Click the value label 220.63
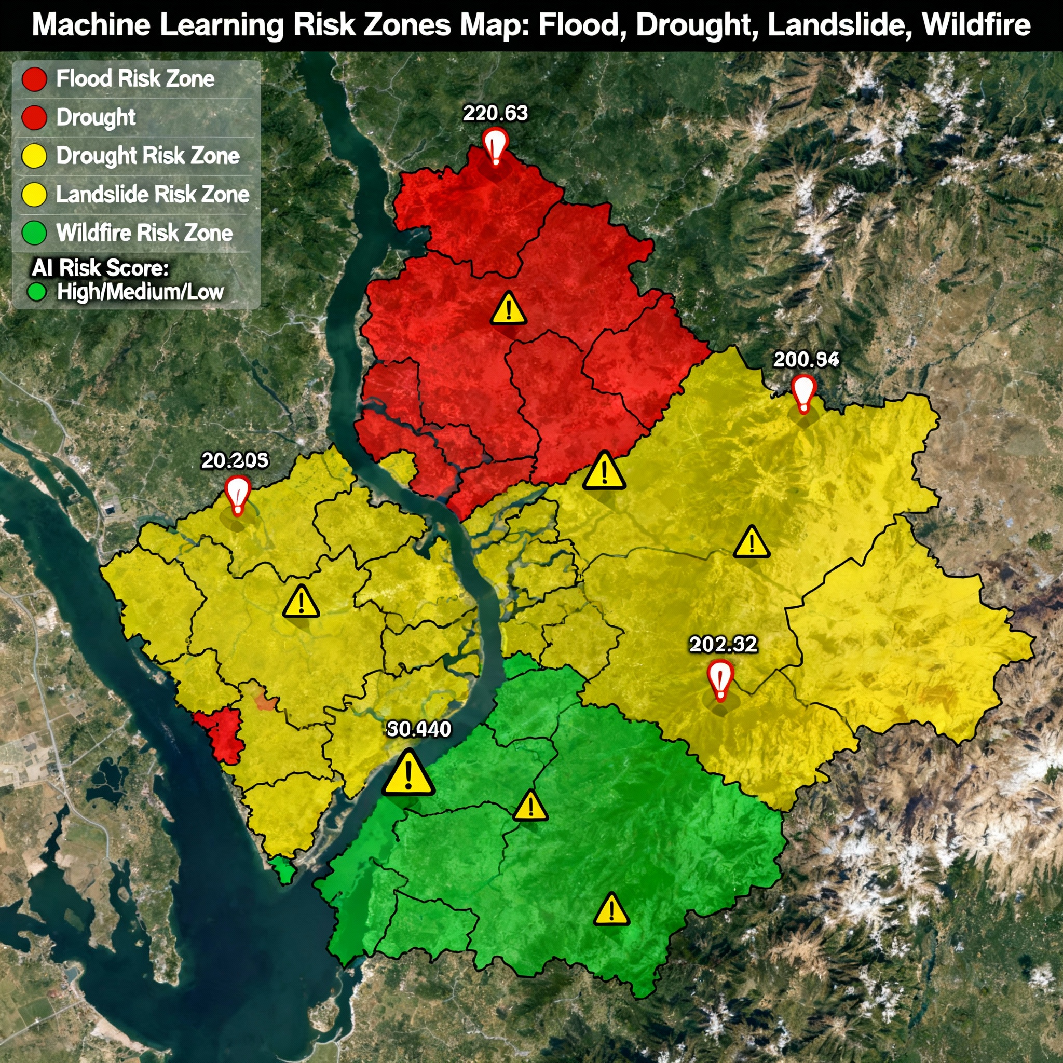click(495, 113)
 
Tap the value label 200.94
click(806, 359)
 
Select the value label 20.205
click(235, 460)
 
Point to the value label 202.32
click(724, 644)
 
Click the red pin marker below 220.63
click(495, 147)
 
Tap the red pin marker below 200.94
click(803, 393)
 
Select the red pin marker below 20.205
click(238, 495)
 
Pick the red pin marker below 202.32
click(720, 680)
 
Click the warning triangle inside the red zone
click(508, 309)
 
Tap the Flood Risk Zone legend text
click(135, 79)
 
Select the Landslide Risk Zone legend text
click(153, 194)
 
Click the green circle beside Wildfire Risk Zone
click(34, 233)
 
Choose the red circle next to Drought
click(34, 118)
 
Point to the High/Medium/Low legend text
click(140, 292)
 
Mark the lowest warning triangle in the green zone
click(611, 910)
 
